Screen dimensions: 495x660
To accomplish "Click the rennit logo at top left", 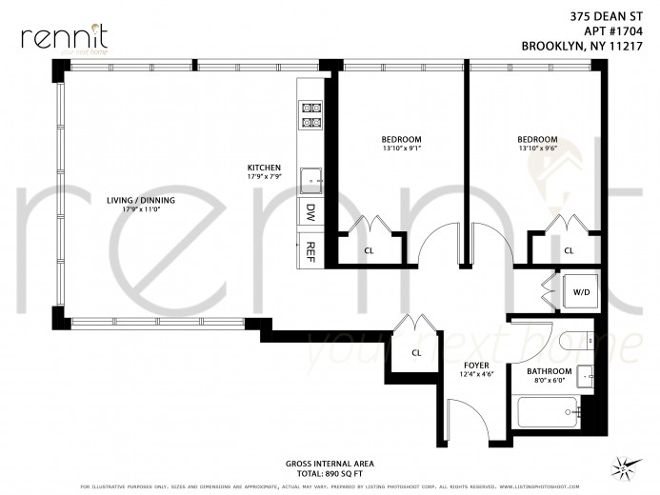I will (62, 37).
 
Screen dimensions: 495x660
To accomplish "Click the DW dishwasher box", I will (310, 210).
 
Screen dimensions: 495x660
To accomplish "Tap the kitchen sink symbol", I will (310, 178).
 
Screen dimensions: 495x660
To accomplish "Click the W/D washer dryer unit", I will (580, 292).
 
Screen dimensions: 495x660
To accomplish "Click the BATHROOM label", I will (549, 370).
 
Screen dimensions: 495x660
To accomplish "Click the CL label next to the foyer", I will (416, 351).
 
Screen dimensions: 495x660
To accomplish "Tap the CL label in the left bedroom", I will (368, 251).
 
